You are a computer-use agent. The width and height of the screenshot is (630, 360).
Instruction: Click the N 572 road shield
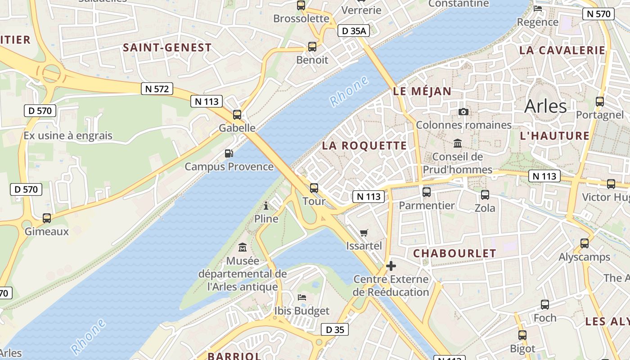click(157, 89)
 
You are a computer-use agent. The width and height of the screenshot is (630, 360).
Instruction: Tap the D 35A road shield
click(353, 31)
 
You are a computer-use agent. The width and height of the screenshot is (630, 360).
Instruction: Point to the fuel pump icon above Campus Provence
click(229, 153)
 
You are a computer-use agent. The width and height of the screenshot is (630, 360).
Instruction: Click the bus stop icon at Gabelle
click(237, 115)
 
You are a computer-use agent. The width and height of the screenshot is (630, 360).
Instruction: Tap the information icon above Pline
click(266, 206)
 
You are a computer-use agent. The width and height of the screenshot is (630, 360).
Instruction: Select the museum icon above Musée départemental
click(243, 247)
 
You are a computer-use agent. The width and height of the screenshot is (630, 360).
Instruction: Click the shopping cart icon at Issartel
click(364, 233)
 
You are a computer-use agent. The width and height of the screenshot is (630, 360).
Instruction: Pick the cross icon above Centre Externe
click(391, 266)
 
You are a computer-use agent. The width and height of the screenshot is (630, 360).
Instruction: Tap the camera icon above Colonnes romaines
click(463, 112)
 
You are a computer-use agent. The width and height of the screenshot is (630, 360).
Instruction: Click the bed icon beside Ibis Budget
click(302, 297)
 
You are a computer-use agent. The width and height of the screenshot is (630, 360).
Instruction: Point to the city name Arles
click(545, 106)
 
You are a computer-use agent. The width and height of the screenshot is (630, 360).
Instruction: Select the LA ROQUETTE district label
click(364, 146)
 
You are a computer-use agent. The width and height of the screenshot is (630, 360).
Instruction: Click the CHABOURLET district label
click(454, 253)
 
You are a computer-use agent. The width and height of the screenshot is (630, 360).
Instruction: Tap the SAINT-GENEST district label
click(167, 48)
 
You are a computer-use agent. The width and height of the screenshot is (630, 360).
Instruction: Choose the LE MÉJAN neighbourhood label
click(422, 91)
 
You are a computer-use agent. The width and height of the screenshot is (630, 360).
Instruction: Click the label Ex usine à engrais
click(68, 135)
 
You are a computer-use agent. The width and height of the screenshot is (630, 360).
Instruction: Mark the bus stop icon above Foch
click(545, 305)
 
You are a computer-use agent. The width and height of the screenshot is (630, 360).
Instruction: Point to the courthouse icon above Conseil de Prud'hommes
click(458, 143)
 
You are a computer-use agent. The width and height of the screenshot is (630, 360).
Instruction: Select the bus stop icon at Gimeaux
click(47, 218)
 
